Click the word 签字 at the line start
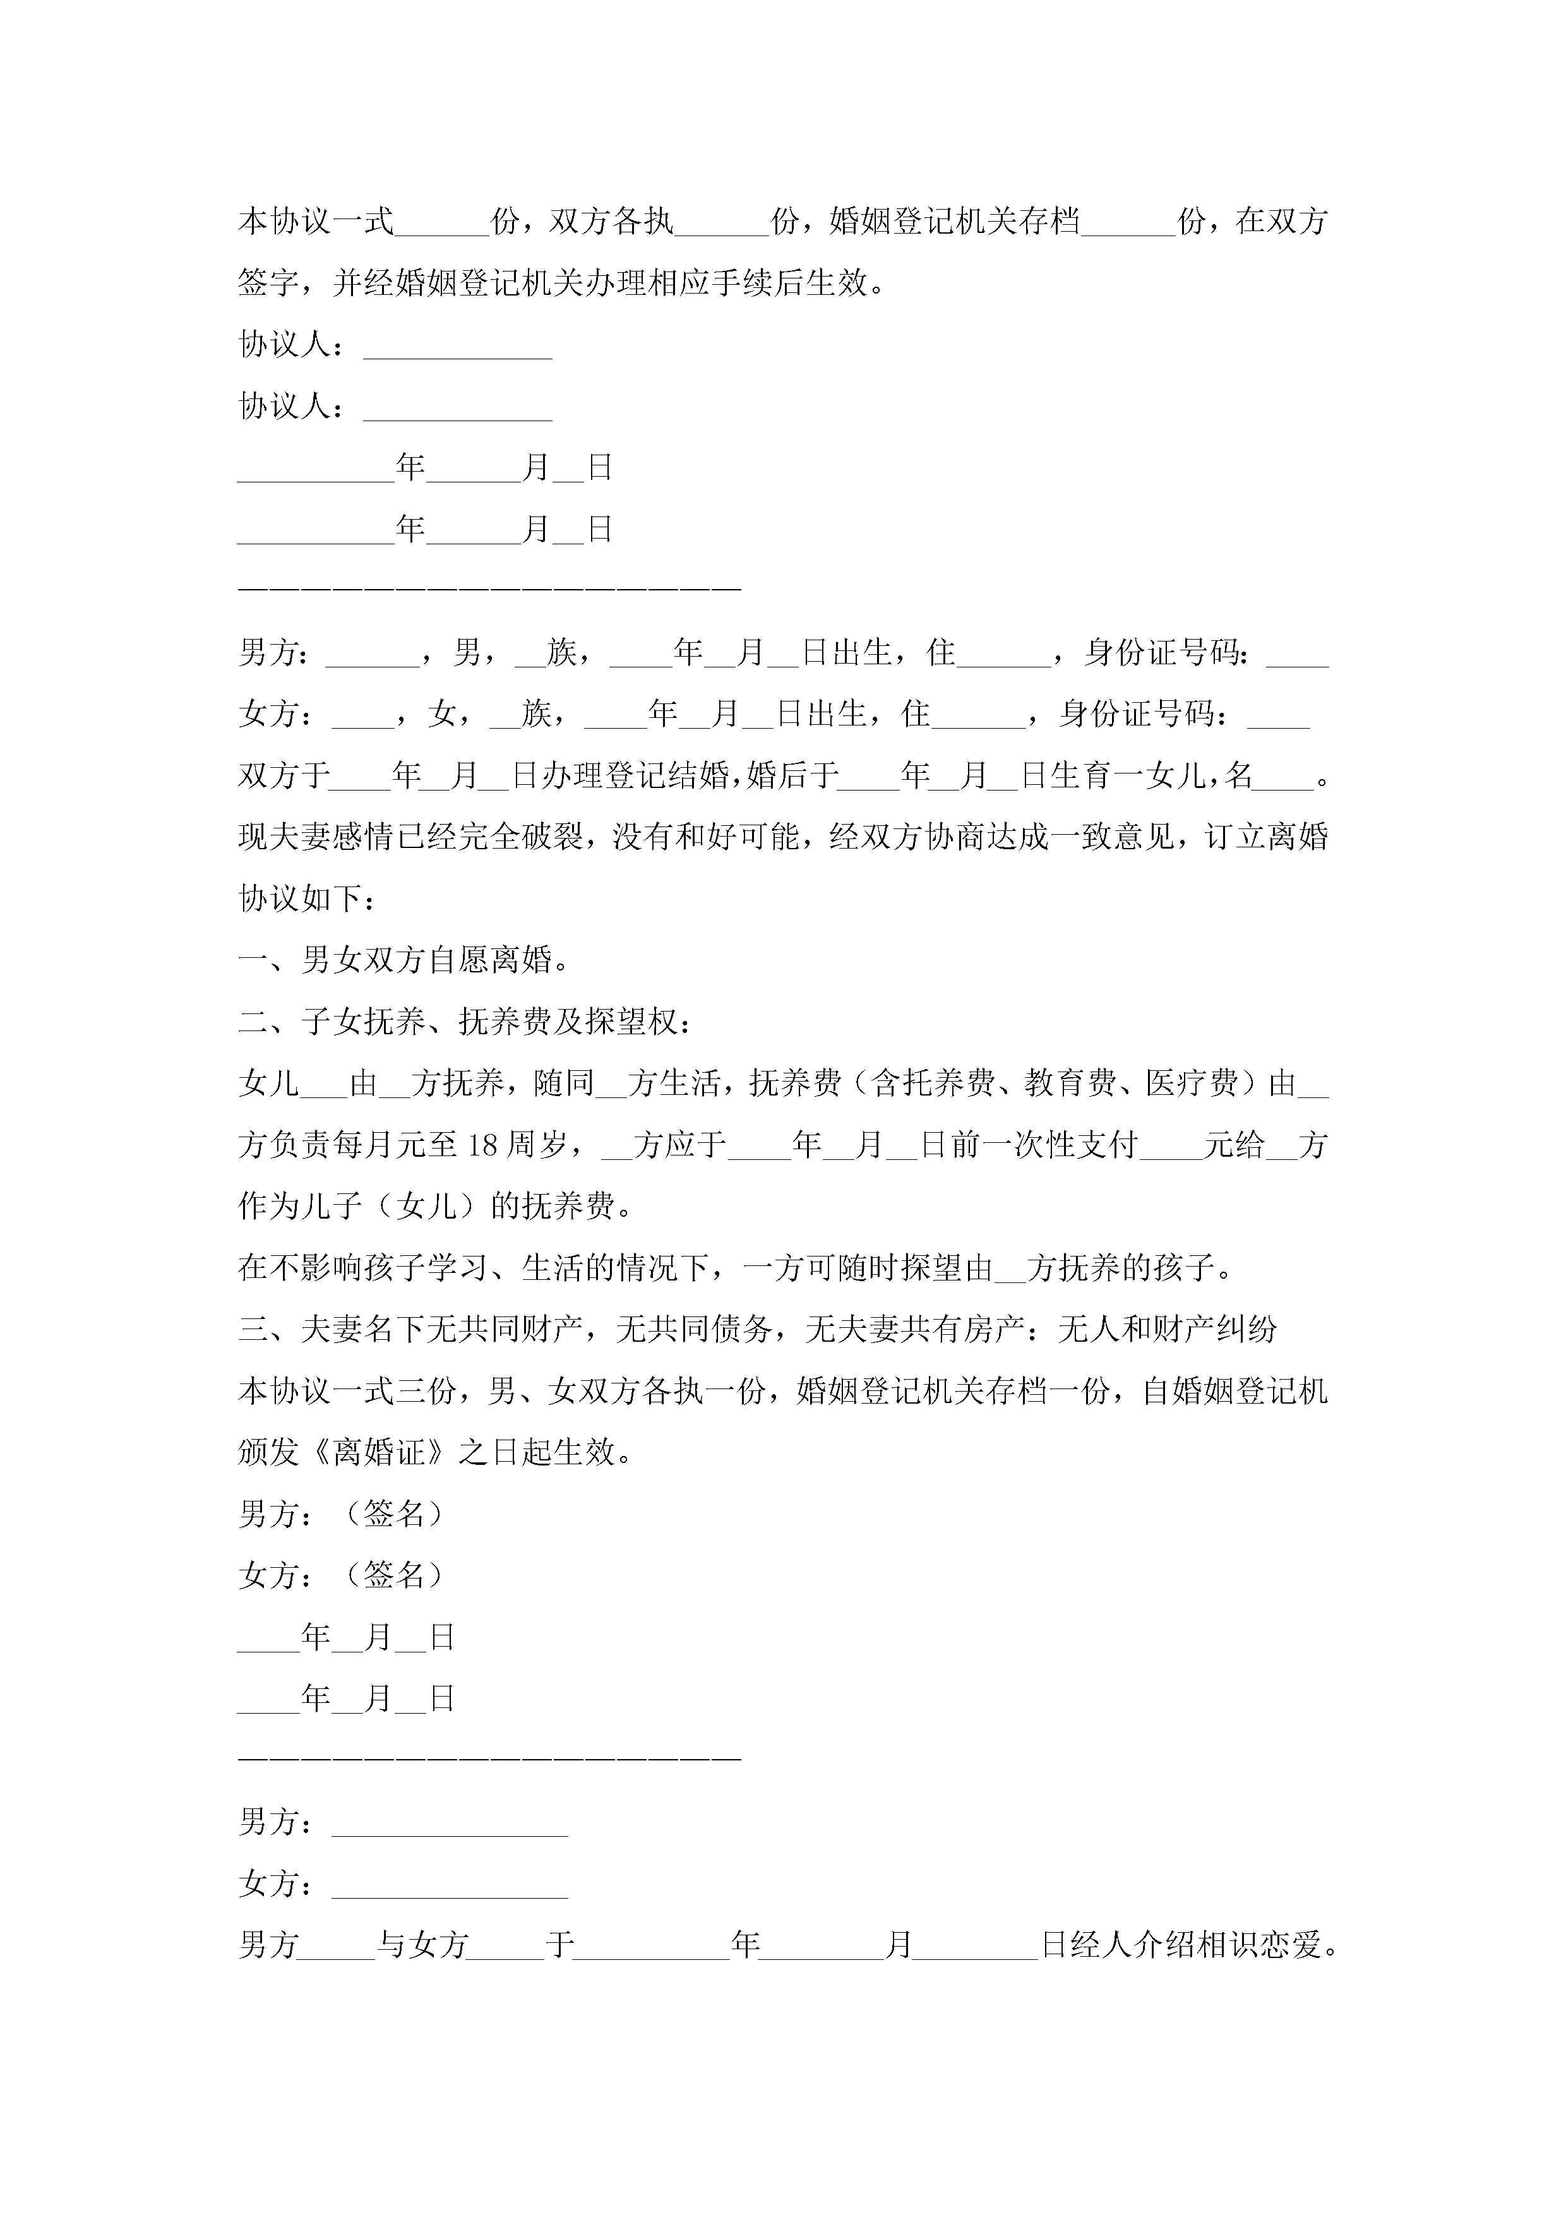pos(268,284)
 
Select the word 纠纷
pos(1246,1329)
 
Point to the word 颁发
pos(268,1452)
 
